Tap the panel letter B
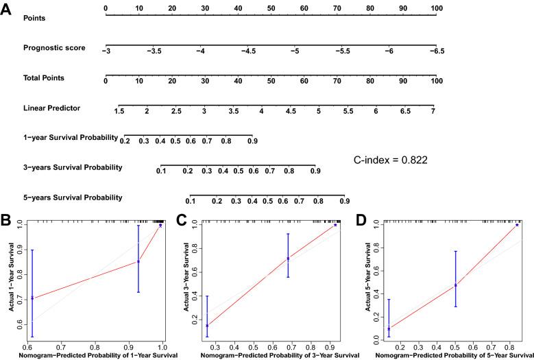click(6, 221)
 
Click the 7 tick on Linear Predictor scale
click(433, 110)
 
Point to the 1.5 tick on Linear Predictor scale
click(119, 110)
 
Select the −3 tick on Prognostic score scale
click(106, 51)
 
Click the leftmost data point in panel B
click(32, 298)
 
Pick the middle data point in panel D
click(455, 285)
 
